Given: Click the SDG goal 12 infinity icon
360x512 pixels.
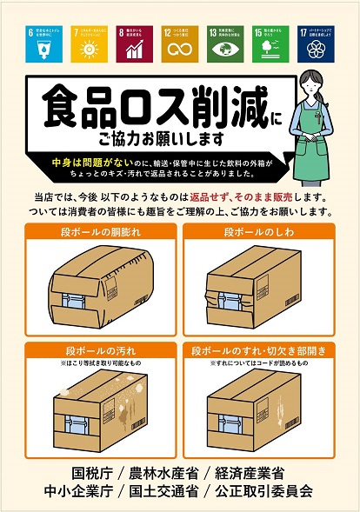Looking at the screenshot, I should point(178,47).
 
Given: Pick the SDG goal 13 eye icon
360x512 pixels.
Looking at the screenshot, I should point(223,47).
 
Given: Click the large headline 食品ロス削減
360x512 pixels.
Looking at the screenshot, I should point(143,107).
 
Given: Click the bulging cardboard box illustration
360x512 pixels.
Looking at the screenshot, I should point(97,283).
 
